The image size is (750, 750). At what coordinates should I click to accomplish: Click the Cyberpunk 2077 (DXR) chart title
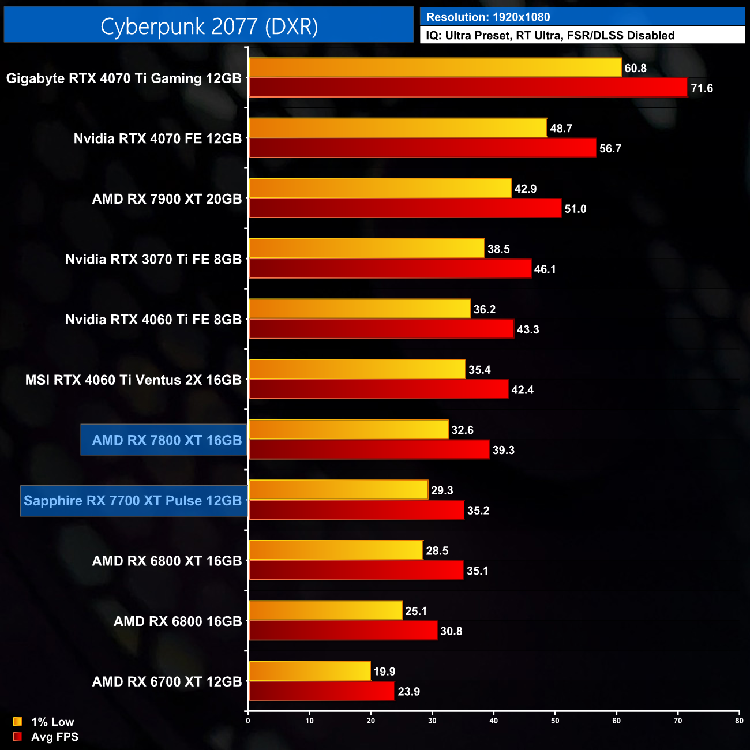pos(209,27)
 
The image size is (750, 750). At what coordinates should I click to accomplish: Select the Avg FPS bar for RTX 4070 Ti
pos(467,88)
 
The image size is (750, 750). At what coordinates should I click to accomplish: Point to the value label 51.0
pos(575,209)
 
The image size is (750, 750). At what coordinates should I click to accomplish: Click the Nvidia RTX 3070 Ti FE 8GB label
pos(153,260)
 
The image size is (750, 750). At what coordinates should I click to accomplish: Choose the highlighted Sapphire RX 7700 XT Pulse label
pos(133,501)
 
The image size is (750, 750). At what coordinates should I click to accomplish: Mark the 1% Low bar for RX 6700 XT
pos(309,671)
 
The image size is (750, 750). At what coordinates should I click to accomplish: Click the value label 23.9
pos(409,692)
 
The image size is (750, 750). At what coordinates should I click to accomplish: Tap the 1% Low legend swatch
pos(17,721)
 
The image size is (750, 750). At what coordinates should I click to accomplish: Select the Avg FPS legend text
pos(55,737)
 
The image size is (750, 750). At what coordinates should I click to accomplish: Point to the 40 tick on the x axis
pos(494,721)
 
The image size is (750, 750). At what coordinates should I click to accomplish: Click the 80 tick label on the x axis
pos(739,721)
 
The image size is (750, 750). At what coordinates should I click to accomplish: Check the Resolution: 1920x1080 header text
pos(488,17)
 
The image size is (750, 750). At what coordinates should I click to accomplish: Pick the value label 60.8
pos(635,68)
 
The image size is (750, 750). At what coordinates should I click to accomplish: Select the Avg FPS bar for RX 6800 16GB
pos(343,631)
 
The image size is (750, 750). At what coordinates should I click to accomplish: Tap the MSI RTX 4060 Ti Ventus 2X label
pos(133,380)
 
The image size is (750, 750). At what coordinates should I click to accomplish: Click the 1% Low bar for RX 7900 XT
pos(380,189)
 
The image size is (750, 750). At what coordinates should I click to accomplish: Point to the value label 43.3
pos(528,329)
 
